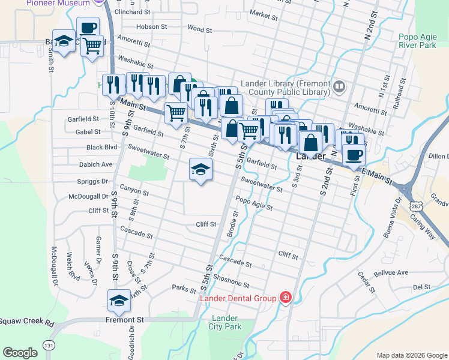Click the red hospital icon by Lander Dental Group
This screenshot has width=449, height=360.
point(286,298)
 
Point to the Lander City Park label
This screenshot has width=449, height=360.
point(224,322)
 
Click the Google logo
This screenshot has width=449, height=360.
point(20,353)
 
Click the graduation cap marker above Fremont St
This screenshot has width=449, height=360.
point(119,301)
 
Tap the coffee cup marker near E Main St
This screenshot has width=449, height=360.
point(354,154)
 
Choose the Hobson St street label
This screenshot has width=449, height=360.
point(151,27)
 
